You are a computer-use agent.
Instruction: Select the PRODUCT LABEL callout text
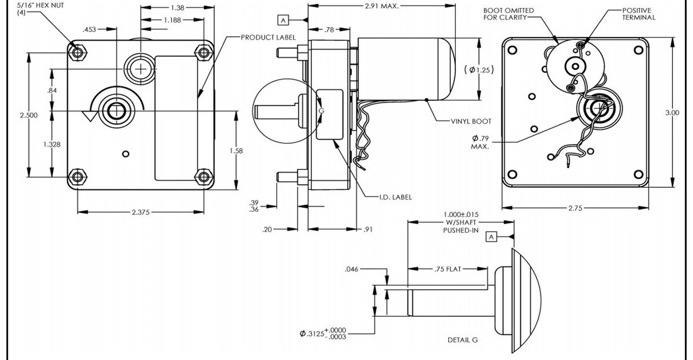(x=268, y=37)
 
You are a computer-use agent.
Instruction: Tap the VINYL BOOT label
(x=471, y=121)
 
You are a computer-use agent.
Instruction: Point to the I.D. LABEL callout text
(x=395, y=197)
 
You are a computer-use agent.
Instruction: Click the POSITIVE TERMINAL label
(x=638, y=14)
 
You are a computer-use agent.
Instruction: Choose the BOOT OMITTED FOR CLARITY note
(x=508, y=14)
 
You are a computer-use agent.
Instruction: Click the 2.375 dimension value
(x=140, y=212)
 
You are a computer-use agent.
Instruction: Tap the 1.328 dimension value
(x=51, y=145)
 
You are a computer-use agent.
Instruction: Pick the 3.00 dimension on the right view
(x=672, y=113)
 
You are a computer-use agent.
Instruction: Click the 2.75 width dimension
(x=575, y=208)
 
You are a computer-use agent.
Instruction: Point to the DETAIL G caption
(x=462, y=340)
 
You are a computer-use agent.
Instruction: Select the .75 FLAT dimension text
(x=447, y=269)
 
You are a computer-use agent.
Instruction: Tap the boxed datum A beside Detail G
(x=491, y=237)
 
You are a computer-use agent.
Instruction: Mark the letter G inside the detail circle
(x=322, y=110)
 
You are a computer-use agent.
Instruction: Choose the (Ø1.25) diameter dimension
(x=479, y=69)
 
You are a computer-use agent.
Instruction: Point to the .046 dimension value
(x=351, y=269)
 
